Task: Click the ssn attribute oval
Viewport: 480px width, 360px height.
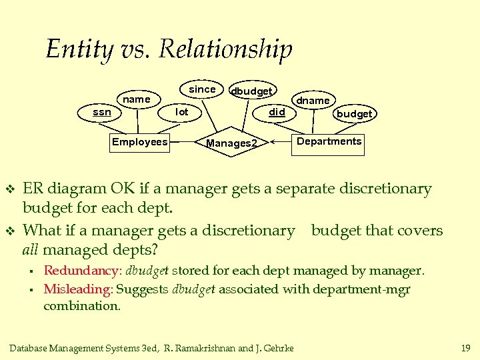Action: (102, 112)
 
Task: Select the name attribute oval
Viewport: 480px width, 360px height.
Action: (137, 99)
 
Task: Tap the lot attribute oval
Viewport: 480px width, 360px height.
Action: (181, 112)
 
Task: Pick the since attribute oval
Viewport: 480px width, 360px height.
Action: (202, 89)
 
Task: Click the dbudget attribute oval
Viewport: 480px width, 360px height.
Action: (251, 91)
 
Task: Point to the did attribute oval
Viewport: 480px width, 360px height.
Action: (277, 112)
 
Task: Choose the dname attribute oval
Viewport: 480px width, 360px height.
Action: (313, 100)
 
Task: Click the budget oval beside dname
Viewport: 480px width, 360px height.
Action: (354, 114)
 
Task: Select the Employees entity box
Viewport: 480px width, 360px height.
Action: (139, 142)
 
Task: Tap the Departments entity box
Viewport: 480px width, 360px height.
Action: (329, 141)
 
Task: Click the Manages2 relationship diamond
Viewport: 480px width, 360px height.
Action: (231, 143)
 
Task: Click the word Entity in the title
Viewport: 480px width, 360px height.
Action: (74, 49)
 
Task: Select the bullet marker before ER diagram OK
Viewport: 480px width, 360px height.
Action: (9, 190)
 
